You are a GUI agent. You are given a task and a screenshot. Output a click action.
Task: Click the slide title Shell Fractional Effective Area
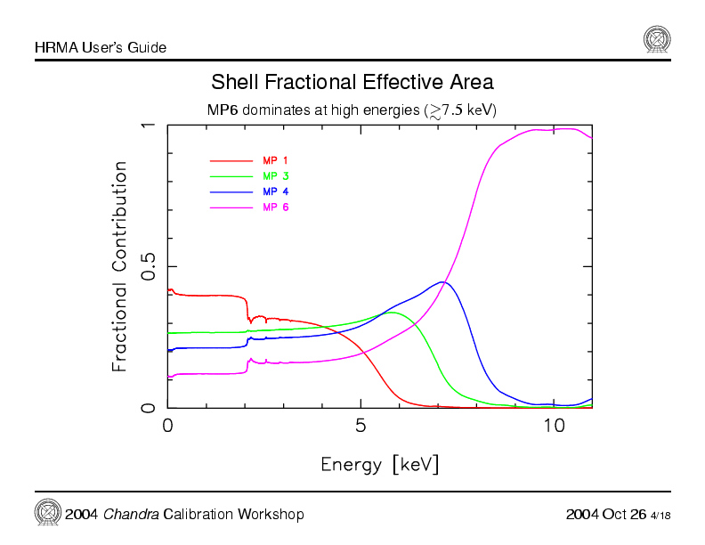pyautogui.click(x=352, y=83)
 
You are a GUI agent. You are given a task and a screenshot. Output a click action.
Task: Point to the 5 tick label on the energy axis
pyautogui.click(x=361, y=426)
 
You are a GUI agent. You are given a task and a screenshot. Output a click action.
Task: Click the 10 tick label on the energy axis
pyautogui.click(x=554, y=426)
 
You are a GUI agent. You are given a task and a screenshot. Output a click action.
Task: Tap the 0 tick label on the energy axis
pyautogui.click(x=167, y=426)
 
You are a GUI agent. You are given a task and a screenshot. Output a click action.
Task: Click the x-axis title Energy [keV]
pyautogui.click(x=379, y=464)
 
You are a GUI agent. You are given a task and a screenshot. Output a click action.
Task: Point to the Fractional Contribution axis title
pyautogui.click(x=119, y=266)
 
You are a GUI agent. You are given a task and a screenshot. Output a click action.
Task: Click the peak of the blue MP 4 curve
pyautogui.click(x=442, y=281)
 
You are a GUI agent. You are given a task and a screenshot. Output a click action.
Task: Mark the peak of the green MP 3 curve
pyautogui.click(x=392, y=313)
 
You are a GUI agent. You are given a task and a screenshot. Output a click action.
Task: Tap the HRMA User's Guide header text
pyautogui.click(x=101, y=47)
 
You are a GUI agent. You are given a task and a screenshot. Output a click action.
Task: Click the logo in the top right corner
pyautogui.click(x=657, y=39)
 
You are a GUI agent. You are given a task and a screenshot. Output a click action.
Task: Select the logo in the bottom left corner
pyautogui.click(x=47, y=512)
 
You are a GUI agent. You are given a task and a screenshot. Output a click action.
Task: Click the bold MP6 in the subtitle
pyautogui.click(x=223, y=110)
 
